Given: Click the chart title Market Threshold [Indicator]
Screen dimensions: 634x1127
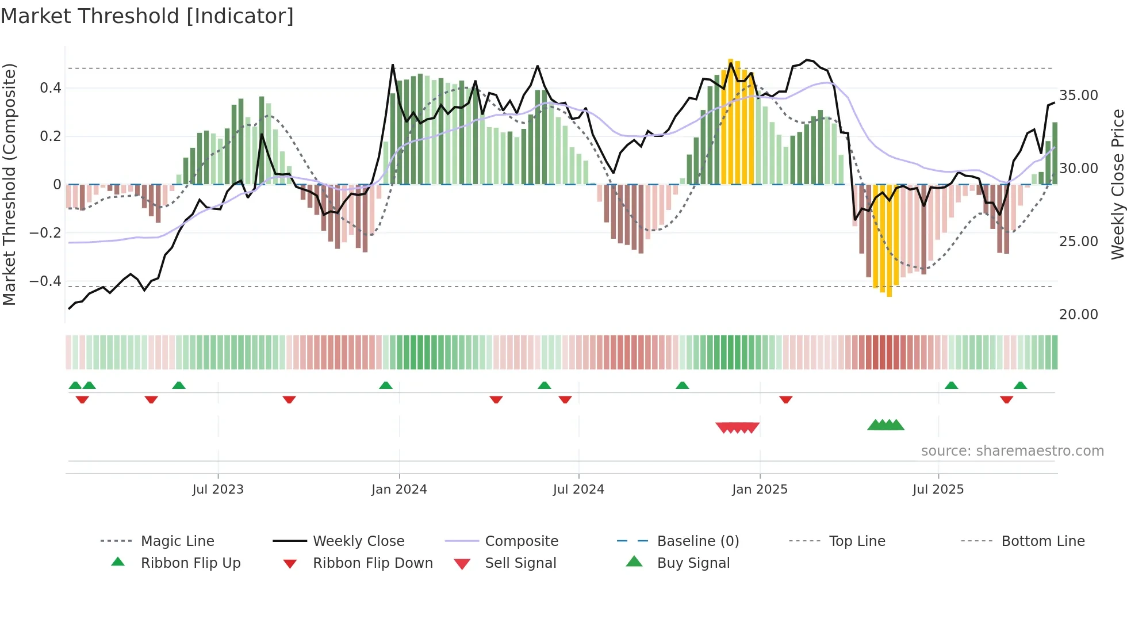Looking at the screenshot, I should coord(147,16).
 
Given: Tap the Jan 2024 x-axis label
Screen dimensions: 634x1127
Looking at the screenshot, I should coord(399,490).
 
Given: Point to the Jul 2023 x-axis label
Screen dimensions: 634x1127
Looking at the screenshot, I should coord(218,490).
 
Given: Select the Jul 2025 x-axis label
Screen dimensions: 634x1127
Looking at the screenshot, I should coord(938,490).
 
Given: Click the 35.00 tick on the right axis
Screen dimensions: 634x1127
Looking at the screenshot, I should coord(1078,96).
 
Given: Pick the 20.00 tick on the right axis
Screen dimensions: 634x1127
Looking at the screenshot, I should coord(1078,315).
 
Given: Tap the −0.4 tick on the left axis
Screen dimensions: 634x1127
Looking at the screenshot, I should coord(45,281).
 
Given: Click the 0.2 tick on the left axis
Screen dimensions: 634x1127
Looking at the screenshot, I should coord(50,136).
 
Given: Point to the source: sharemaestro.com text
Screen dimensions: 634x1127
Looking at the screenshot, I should coord(1012,451).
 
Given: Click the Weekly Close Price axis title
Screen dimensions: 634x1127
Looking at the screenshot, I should coord(1117,184).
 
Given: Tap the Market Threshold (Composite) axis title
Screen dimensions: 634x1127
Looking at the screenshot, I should coord(9,184).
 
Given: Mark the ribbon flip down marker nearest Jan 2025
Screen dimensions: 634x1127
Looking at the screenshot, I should coord(786,399).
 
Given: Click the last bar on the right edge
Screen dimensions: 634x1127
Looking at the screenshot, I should coord(1055,153).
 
